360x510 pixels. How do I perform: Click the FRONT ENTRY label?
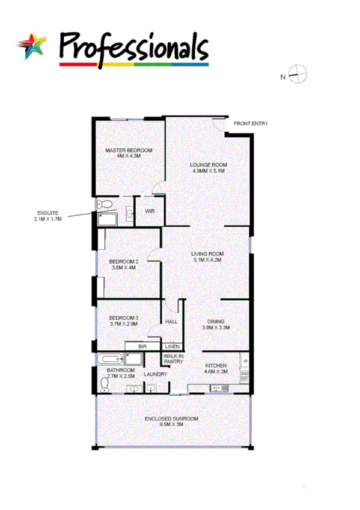pos(251,123)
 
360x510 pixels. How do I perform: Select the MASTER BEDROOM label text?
pos(129,150)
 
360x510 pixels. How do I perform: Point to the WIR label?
pos(150,211)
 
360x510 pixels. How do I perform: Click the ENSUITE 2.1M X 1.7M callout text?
pos(48,216)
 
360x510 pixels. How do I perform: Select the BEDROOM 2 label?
pos(124,262)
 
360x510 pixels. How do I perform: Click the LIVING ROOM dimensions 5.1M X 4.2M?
pos(207,260)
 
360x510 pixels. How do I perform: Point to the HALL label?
pos(172,322)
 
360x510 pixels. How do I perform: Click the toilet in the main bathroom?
pos(105,382)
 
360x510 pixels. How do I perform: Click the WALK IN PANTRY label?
pos(173,358)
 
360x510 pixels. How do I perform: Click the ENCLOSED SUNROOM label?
pos(171,419)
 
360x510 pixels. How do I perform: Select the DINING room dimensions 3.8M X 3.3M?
pos(215,328)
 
